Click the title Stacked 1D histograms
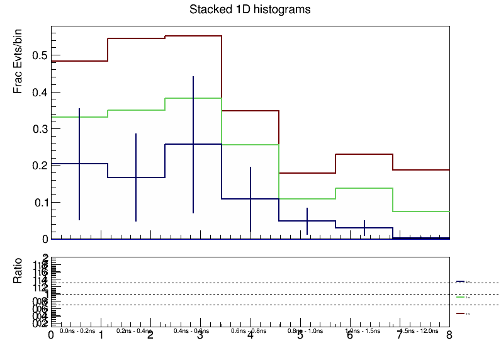250,10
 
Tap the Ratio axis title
19,271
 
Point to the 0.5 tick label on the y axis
40,55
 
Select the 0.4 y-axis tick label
40,93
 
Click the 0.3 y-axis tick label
40,129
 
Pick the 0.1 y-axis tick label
40,203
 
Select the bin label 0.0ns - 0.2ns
77,330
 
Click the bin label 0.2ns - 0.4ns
134,330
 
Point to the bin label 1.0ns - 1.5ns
363,330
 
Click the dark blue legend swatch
460,281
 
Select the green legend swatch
460,296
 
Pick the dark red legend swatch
460,312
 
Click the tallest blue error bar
193,145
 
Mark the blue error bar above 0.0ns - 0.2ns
79,164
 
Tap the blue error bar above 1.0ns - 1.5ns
364,228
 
